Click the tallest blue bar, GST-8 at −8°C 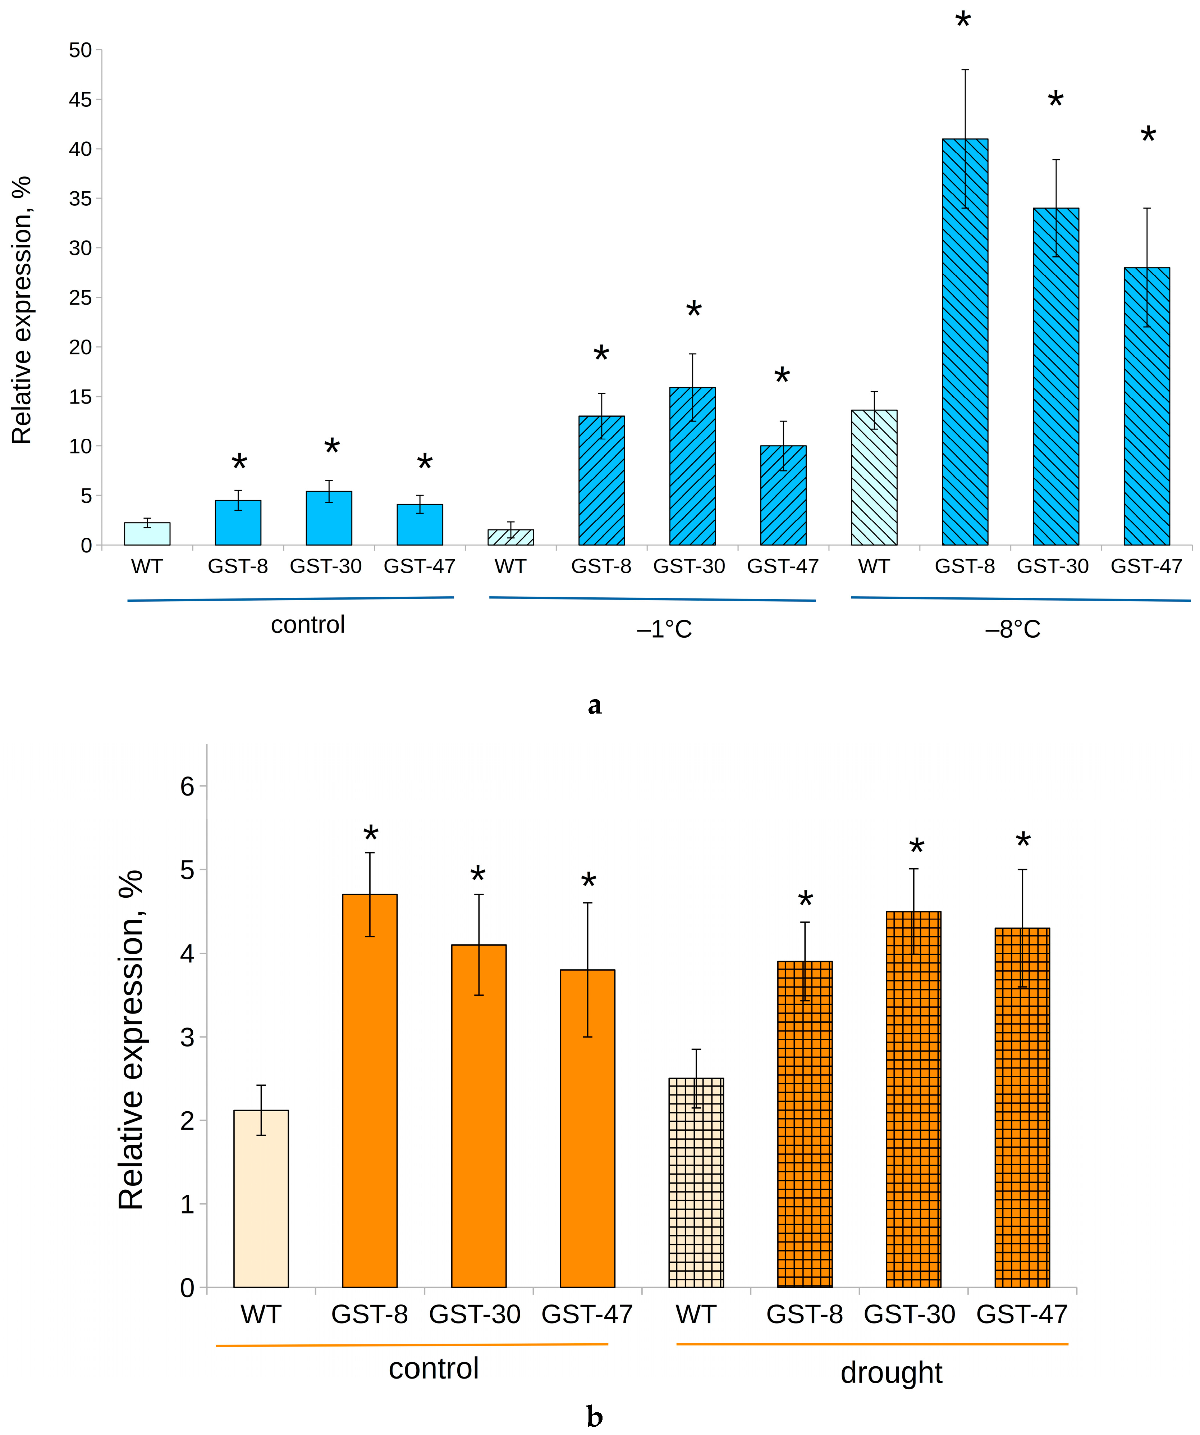point(965,342)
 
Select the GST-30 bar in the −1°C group point(692,466)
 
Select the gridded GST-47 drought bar point(1022,1108)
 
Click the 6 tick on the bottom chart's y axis point(187,787)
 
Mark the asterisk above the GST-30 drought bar point(917,847)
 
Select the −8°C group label point(1012,629)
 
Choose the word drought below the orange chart point(891,1373)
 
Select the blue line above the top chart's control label point(290,599)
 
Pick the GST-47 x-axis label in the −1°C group point(783,566)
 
